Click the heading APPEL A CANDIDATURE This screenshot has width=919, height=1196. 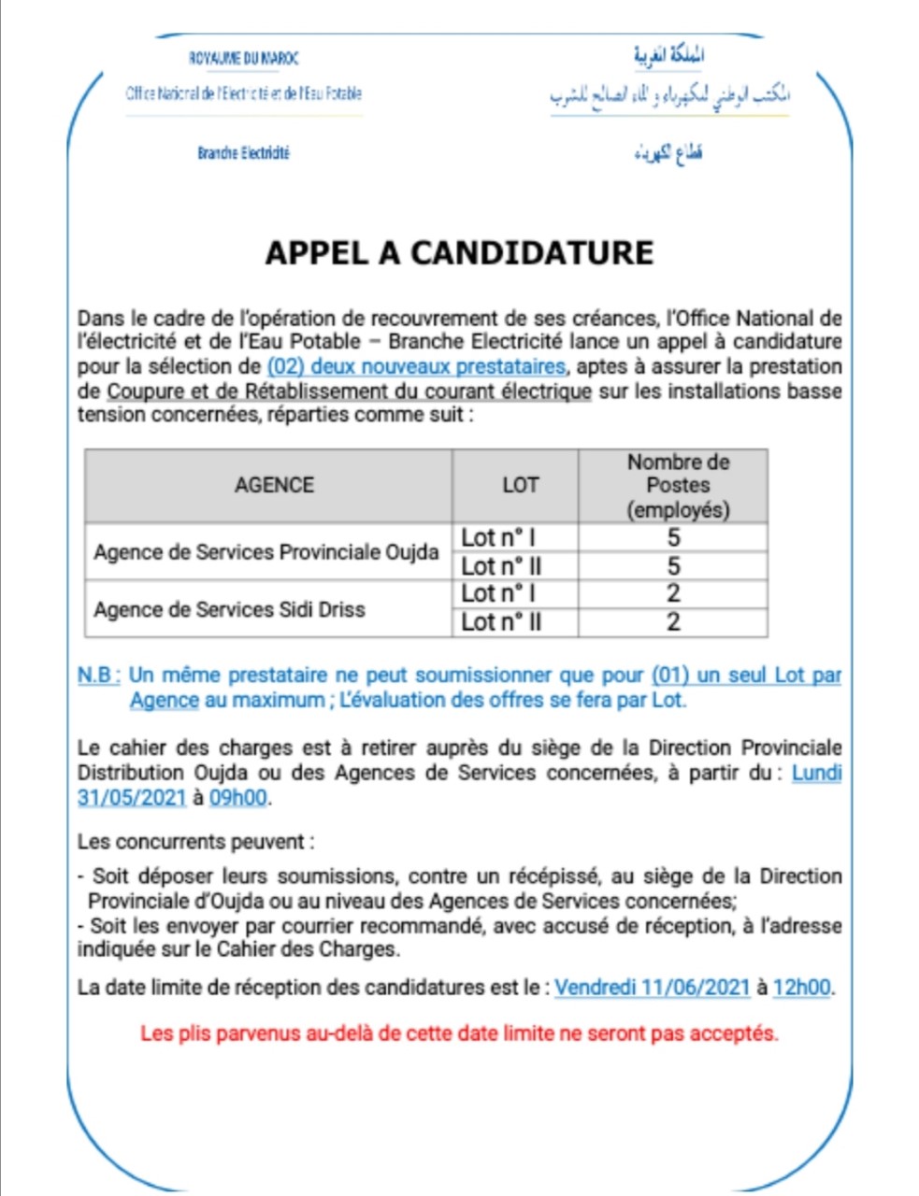459,253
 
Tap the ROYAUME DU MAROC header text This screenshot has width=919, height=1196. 244,59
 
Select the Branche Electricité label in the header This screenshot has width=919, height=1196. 243,152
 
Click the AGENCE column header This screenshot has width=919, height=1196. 274,485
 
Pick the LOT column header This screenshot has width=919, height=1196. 520,485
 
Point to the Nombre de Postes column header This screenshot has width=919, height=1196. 678,485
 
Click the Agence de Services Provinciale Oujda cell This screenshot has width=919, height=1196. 266,552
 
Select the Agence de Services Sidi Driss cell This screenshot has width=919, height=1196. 230,609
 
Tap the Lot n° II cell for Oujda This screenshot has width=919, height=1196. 501,566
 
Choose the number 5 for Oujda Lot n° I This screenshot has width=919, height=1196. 673,537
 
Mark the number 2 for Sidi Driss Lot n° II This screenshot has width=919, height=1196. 673,622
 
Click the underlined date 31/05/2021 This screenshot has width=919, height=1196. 132,798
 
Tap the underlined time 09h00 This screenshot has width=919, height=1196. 237,798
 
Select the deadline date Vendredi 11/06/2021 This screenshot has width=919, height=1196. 652,987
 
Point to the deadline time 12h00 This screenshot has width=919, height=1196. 801,987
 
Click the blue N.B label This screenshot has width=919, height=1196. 98,675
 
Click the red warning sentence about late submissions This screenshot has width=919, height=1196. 459,1033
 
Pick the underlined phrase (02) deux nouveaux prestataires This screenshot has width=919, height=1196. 416,366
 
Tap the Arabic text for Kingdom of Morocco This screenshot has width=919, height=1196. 668,56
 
